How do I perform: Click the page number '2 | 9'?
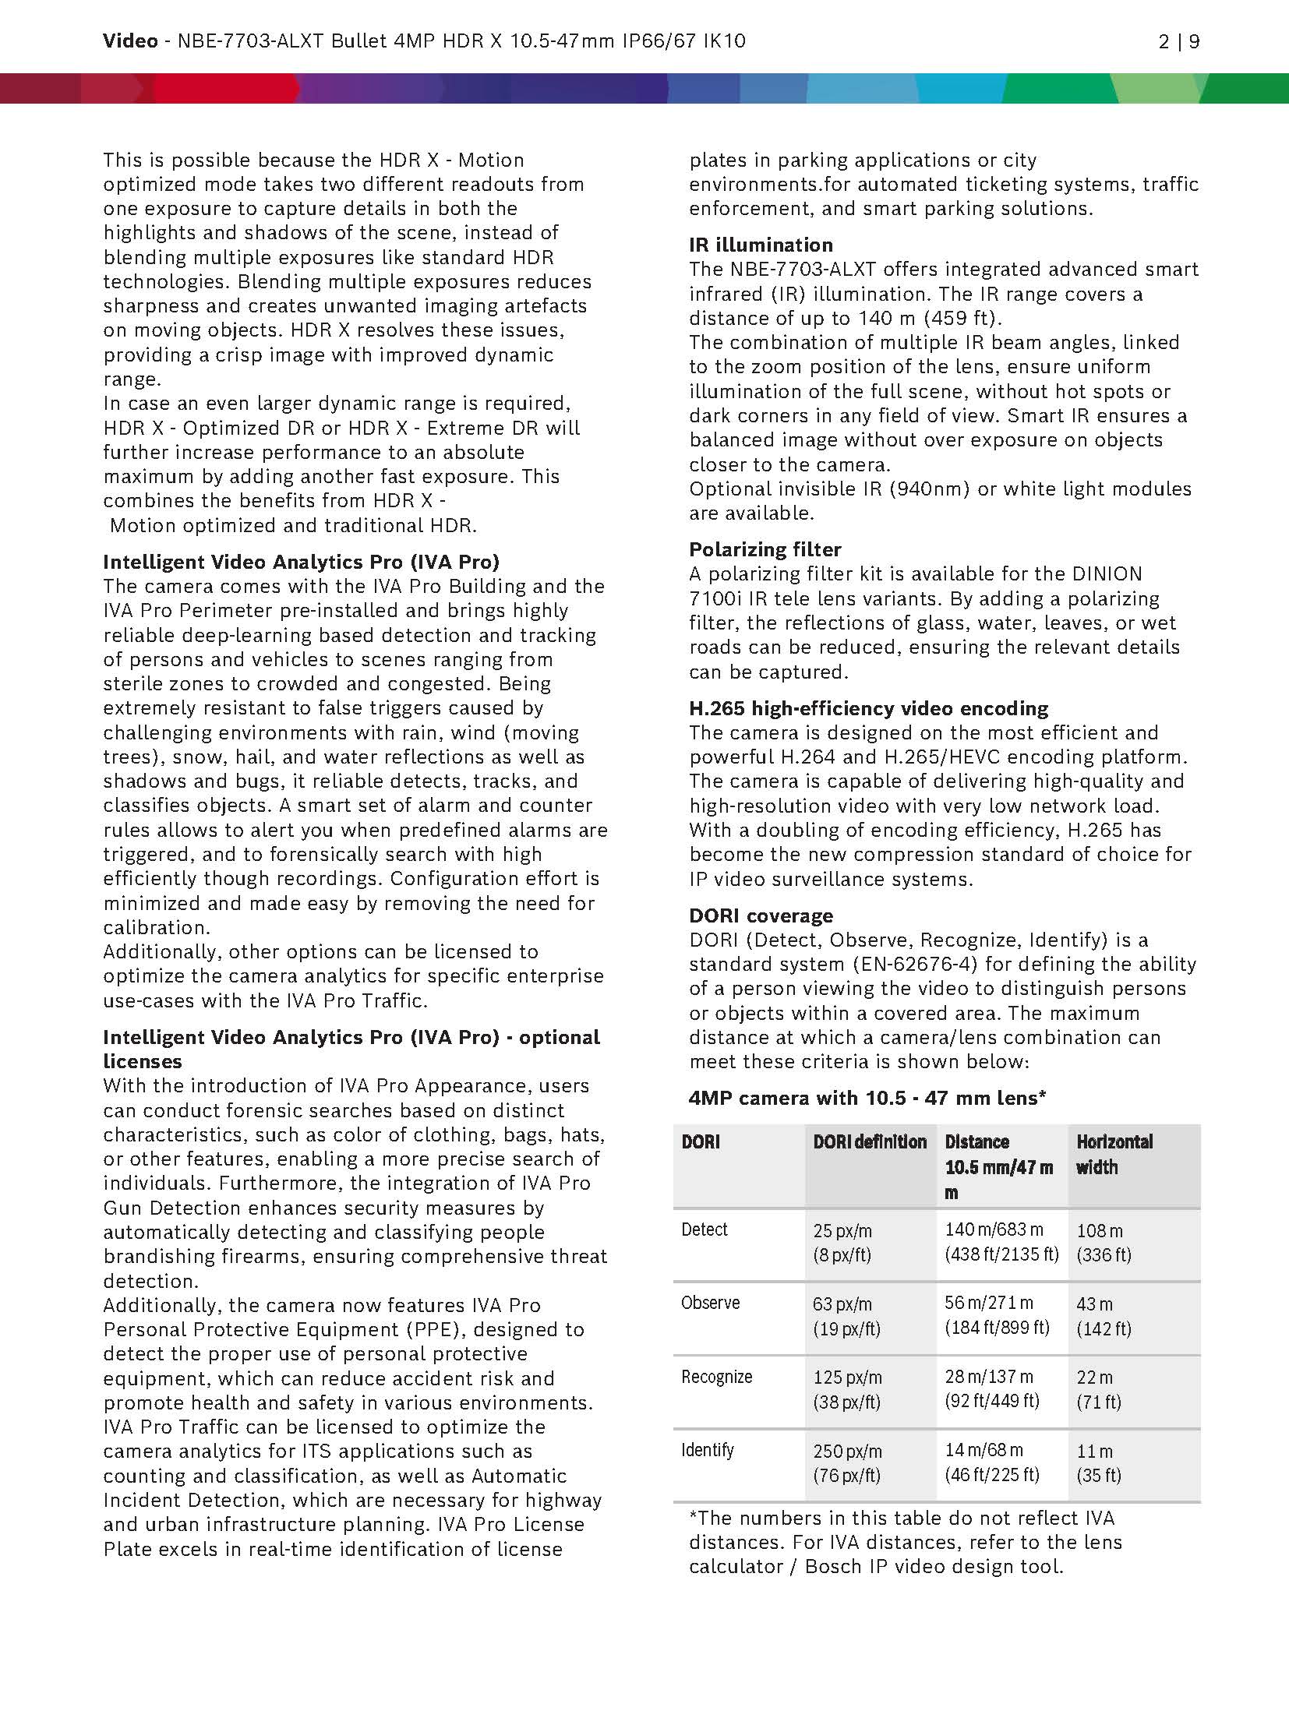1178,41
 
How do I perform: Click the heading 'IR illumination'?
761,245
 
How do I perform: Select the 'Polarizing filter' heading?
765,549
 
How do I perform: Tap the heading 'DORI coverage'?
761,915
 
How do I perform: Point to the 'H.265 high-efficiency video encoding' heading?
868,708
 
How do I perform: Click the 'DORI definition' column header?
870,1142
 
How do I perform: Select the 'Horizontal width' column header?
1114,1155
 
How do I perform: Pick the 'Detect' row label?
704,1229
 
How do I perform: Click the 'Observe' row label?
710,1303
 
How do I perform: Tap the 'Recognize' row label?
716,1377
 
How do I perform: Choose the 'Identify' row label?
707,1450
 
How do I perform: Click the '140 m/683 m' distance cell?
994,1229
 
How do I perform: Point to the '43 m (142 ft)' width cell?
1103,1316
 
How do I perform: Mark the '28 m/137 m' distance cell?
988,1377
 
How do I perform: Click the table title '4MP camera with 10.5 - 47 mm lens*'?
867,1098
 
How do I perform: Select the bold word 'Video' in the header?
130,41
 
